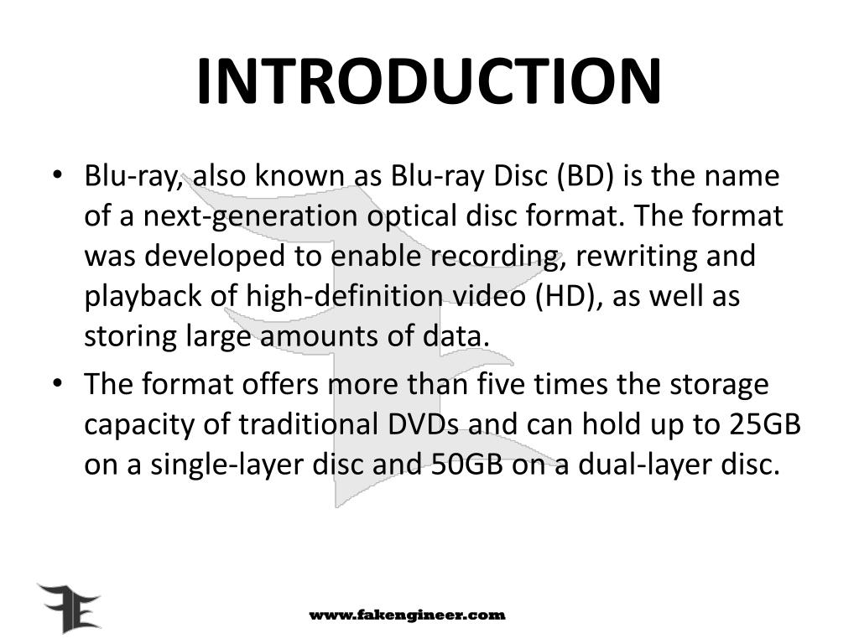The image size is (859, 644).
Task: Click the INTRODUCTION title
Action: pos(429,81)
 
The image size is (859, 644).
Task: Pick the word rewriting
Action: pos(633,256)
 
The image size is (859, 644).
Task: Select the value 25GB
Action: pos(764,424)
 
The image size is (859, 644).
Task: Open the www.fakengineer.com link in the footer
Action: pos(408,615)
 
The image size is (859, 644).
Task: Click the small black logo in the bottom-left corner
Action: pos(68,608)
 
